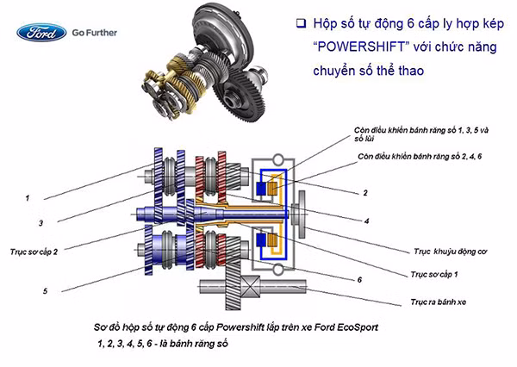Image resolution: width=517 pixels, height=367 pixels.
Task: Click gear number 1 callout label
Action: pos(28,198)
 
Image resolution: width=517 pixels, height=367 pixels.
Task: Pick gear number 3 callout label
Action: pos(40,223)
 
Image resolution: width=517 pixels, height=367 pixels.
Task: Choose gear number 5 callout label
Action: pos(44,291)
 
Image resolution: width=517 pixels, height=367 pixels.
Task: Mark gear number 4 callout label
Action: pos(366,221)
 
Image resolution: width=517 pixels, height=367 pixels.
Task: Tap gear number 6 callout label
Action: pos(359,280)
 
